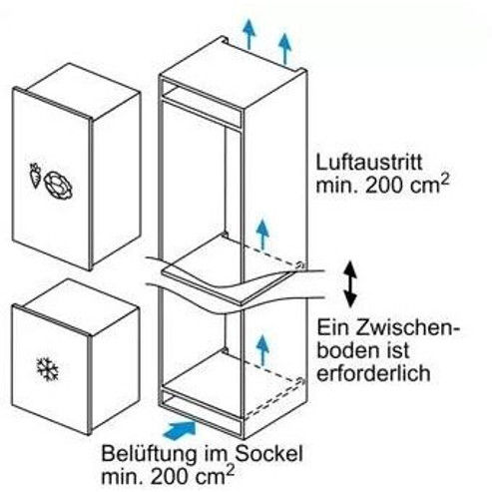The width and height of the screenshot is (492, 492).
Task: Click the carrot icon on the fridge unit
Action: pos(35,176)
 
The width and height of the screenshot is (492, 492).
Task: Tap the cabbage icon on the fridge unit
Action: pos(58,186)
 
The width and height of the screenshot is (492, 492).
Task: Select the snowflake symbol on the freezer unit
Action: pos(48,369)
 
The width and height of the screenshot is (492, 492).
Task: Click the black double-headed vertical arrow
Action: pos(350,284)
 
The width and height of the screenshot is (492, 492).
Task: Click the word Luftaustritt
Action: pos(369,163)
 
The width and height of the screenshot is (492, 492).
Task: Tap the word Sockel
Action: pos(269,453)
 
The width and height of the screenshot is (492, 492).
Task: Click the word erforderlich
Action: pos(373,373)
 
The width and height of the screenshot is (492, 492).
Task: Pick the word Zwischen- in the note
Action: pos(407,328)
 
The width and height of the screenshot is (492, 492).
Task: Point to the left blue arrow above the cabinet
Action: pos(249,34)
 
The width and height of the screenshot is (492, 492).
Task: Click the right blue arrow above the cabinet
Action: pos(284,48)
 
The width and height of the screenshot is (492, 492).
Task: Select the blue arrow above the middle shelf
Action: pos(262,235)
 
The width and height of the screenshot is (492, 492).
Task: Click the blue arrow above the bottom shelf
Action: pos(262,349)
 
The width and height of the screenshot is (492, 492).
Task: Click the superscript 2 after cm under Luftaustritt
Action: pos(445,181)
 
